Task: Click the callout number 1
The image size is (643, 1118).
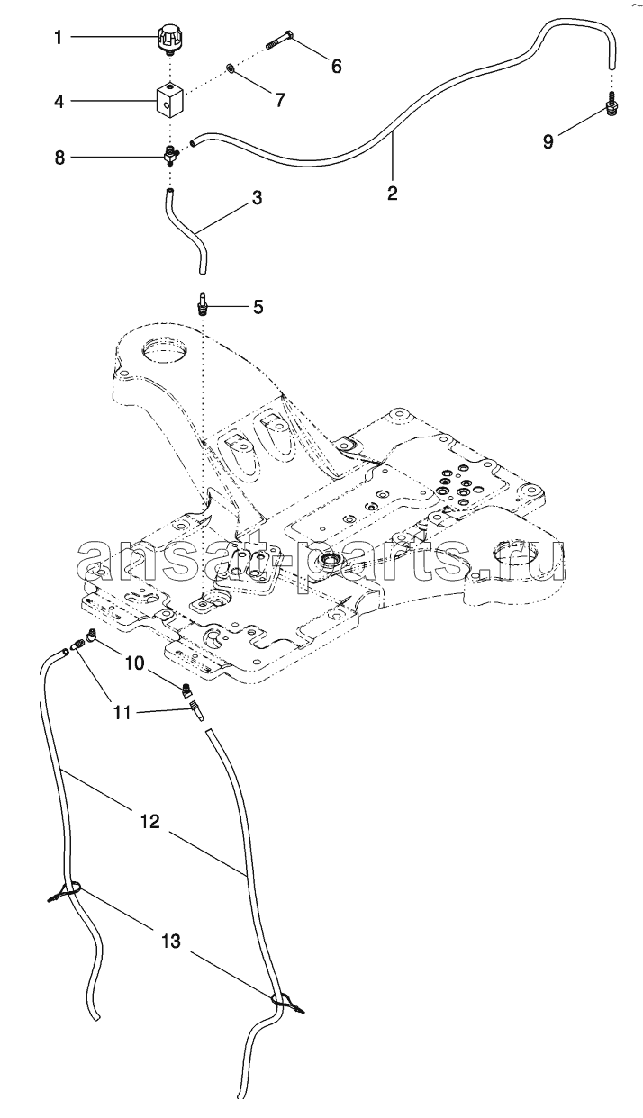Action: (59, 38)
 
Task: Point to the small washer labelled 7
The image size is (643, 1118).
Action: (231, 68)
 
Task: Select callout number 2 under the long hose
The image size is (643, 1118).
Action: (393, 193)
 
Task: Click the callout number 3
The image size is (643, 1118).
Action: (257, 198)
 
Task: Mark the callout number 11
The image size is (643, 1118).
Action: (122, 713)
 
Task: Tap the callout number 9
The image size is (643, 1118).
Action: (548, 141)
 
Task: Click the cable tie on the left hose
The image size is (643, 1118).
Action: (66, 891)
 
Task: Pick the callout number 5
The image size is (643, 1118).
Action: (258, 307)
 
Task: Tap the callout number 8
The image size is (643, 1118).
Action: (59, 158)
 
